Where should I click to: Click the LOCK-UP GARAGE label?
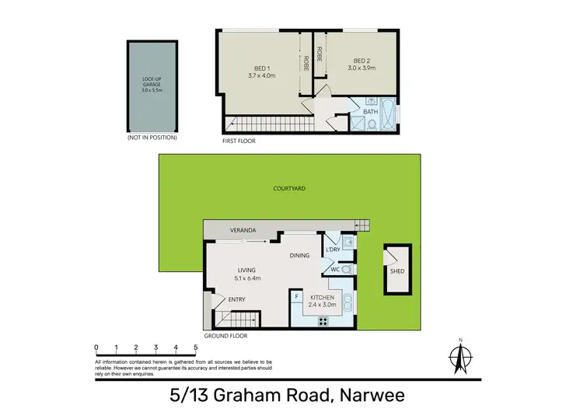click(153, 81)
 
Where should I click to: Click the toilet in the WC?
click(347, 269)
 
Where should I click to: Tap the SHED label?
click(397, 271)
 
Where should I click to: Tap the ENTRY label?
click(237, 299)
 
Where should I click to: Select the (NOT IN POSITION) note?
click(152, 138)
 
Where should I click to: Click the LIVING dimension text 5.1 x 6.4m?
click(249, 278)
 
